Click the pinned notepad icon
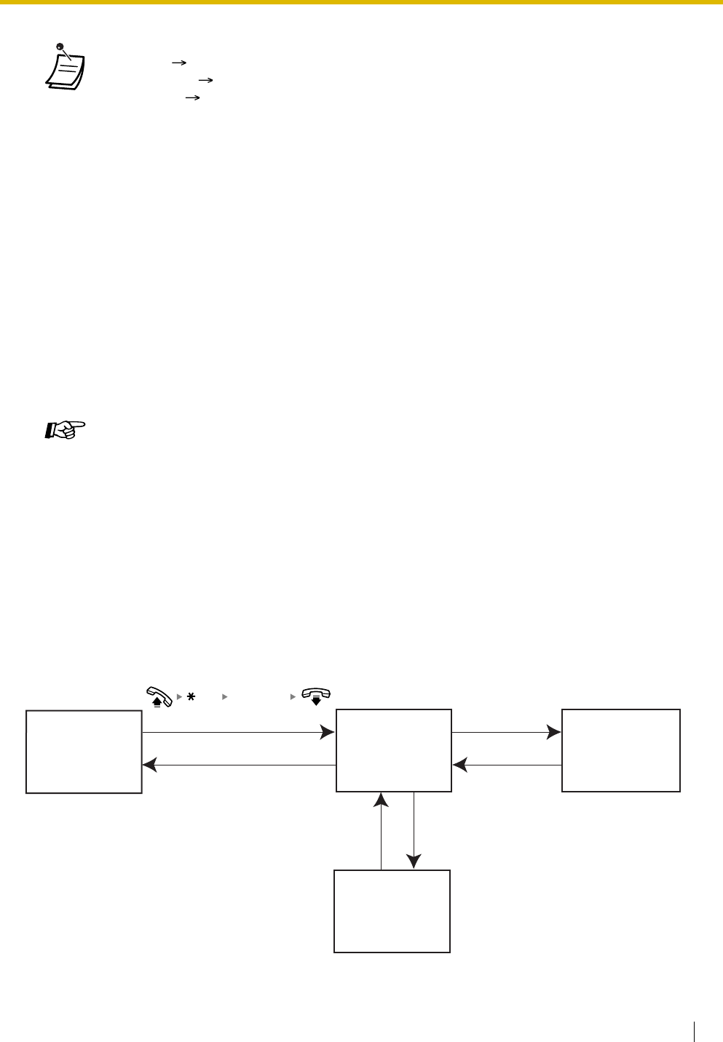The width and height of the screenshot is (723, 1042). [x=65, y=68]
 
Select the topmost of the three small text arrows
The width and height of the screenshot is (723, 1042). [x=175, y=63]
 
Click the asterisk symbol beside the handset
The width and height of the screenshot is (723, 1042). [x=191, y=697]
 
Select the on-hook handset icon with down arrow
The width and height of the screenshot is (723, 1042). [x=316, y=696]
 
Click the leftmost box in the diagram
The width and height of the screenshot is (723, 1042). [x=84, y=752]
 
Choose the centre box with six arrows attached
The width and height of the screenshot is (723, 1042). [x=393, y=750]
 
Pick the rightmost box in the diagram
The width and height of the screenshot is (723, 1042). [x=621, y=750]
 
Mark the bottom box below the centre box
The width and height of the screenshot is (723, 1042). [x=392, y=910]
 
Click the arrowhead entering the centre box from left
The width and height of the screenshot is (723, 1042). [x=328, y=733]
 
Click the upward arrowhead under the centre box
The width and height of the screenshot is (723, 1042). [x=382, y=800]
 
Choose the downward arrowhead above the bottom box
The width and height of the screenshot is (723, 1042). [x=414, y=862]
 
